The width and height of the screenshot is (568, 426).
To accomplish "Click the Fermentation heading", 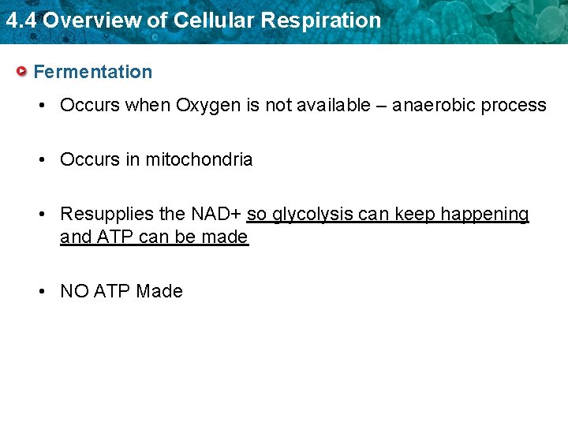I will pyautogui.click(x=93, y=72).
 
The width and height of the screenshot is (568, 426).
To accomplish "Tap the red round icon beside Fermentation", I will pyautogui.click(x=23, y=72).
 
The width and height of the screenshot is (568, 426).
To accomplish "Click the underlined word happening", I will pyautogui.click(x=484, y=215).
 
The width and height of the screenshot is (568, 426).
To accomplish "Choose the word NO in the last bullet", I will pyautogui.click(x=74, y=291).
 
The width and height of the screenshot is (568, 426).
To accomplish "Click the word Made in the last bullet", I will pyautogui.click(x=159, y=291).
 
